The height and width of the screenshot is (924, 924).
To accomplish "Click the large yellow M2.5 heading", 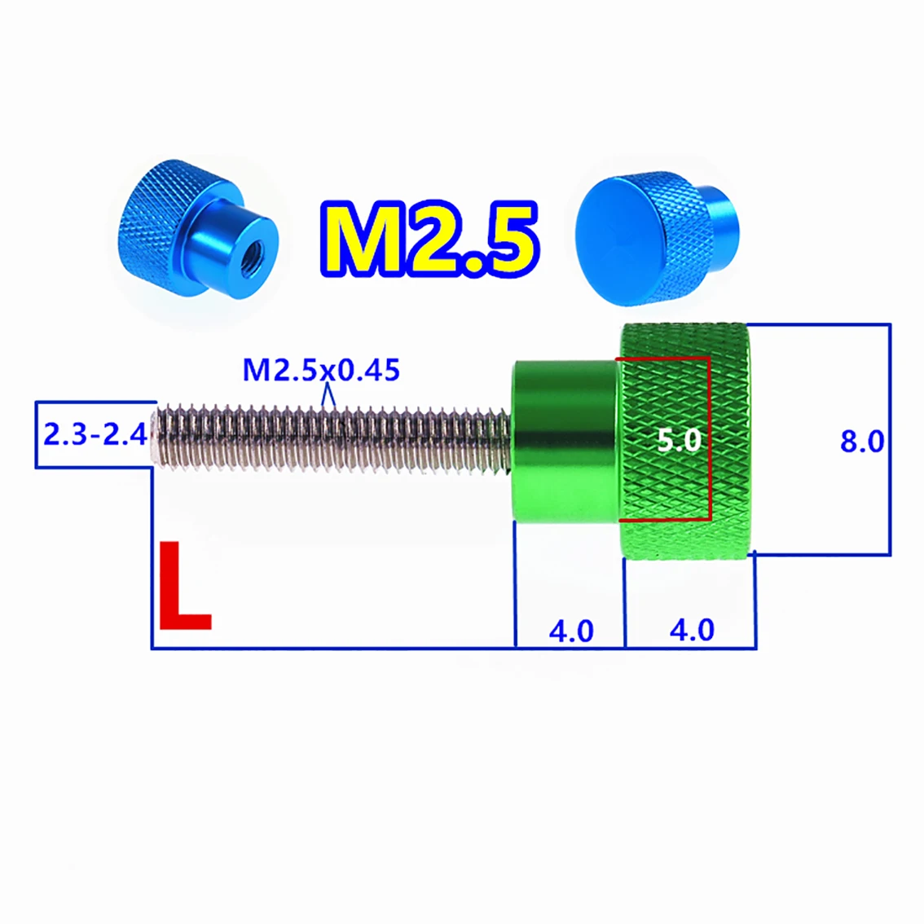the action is click(x=429, y=240).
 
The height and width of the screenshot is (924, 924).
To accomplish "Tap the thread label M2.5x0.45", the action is click(x=321, y=370).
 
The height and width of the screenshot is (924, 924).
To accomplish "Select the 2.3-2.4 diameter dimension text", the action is click(x=95, y=435).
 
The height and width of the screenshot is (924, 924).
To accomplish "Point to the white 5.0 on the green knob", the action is click(x=679, y=440).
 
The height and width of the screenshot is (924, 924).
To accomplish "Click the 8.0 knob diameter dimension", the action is click(x=862, y=442).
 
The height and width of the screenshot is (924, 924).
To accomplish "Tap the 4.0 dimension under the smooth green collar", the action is click(x=571, y=631).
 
